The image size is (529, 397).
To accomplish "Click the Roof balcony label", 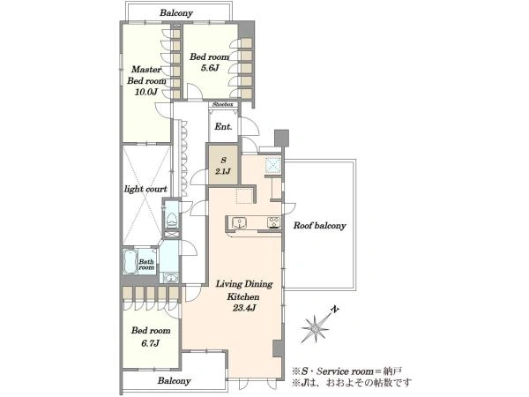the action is (x=319, y=226).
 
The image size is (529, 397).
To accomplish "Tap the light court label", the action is (x=145, y=189).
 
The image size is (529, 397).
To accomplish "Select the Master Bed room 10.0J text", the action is (x=146, y=80).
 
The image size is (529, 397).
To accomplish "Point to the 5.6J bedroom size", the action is (x=210, y=68).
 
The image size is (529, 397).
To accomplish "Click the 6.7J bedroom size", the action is (x=151, y=344).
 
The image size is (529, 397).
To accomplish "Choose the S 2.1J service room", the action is (x=223, y=165).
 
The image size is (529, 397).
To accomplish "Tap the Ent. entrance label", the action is (x=223, y=126).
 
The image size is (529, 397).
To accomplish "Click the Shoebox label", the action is (x=223, y=104).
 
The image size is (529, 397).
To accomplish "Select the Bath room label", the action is (x=146, y=265).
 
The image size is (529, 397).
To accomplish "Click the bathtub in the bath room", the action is (x=130, y=262).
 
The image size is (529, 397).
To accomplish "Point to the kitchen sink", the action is (x=239, y=223).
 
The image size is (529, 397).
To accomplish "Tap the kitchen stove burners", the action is (x=274, y=222).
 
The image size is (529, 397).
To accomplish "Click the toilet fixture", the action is (x=172, y=220).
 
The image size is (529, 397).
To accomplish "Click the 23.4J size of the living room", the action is (x=244, y=308).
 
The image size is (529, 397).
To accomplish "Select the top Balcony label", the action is (x=176, y=13).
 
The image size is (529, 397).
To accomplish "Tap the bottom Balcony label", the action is (x=174, y=381).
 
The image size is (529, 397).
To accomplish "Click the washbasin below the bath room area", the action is (x=172, y=278).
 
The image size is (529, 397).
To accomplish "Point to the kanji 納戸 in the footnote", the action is (x=392, y=371).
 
